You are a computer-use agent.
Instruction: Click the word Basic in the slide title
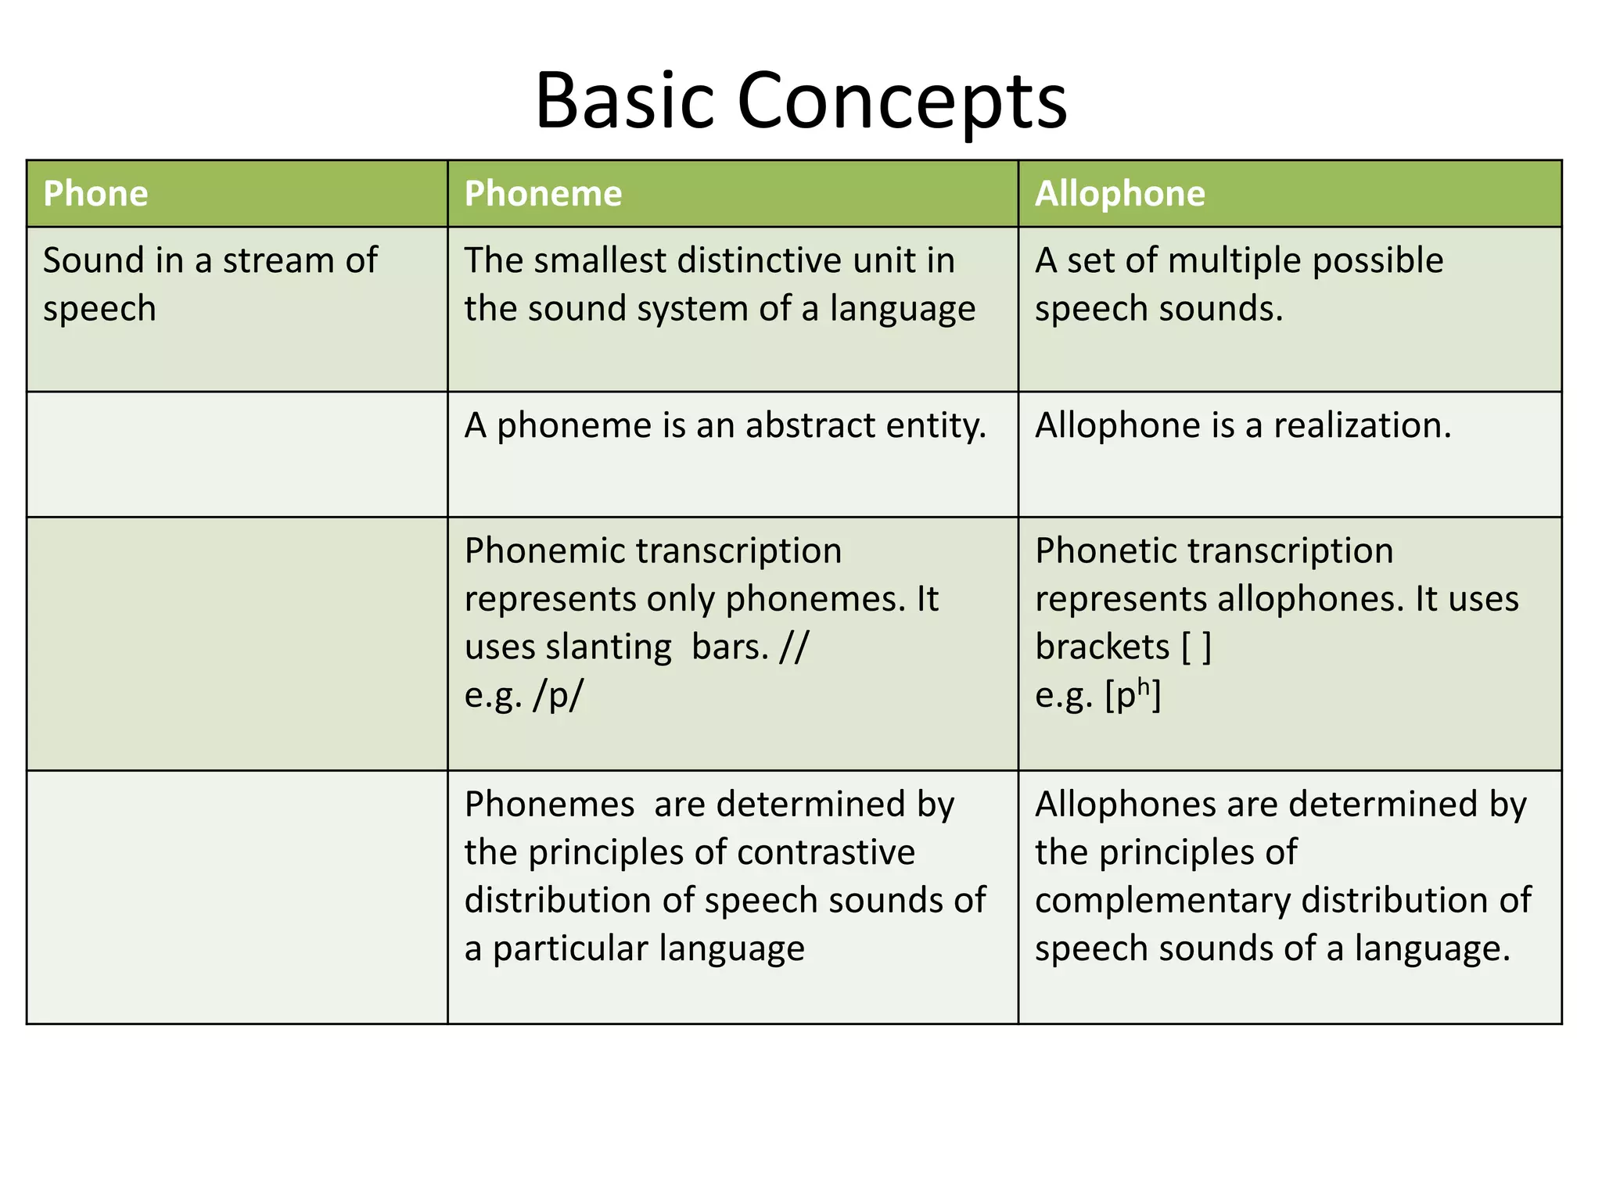click(x=624, y=102)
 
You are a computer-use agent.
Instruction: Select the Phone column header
click(x=95, y=194)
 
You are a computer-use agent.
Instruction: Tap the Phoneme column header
click(x=543, y=194)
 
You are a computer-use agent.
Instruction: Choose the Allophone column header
click(x=1119, y=194)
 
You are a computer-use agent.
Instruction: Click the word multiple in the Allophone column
click(x=1236, y=260)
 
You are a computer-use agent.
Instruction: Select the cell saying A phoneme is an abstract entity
click(x=725, y=426)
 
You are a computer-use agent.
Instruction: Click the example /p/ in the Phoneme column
click(x=558, y=695)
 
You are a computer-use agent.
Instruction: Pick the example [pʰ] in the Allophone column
click(x=1133, y=695)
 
